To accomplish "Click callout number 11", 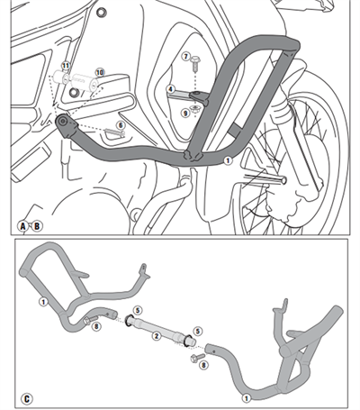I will click(65, 67).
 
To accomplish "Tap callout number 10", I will click(100, 71).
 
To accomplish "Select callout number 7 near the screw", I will click(185, 56).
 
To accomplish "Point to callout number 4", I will click(170, 88).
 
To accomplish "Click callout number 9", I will click(185, 113).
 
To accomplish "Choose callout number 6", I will click(121, 125).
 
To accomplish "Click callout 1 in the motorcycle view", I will click(228, 159).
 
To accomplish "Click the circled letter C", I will click(26, 397).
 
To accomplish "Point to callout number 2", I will click(156, 335).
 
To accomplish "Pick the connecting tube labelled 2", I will click(162, 325).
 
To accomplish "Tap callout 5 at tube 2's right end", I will click(198, 333).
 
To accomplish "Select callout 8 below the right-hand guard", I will click(203, 365).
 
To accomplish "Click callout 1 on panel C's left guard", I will click(42, 302).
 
